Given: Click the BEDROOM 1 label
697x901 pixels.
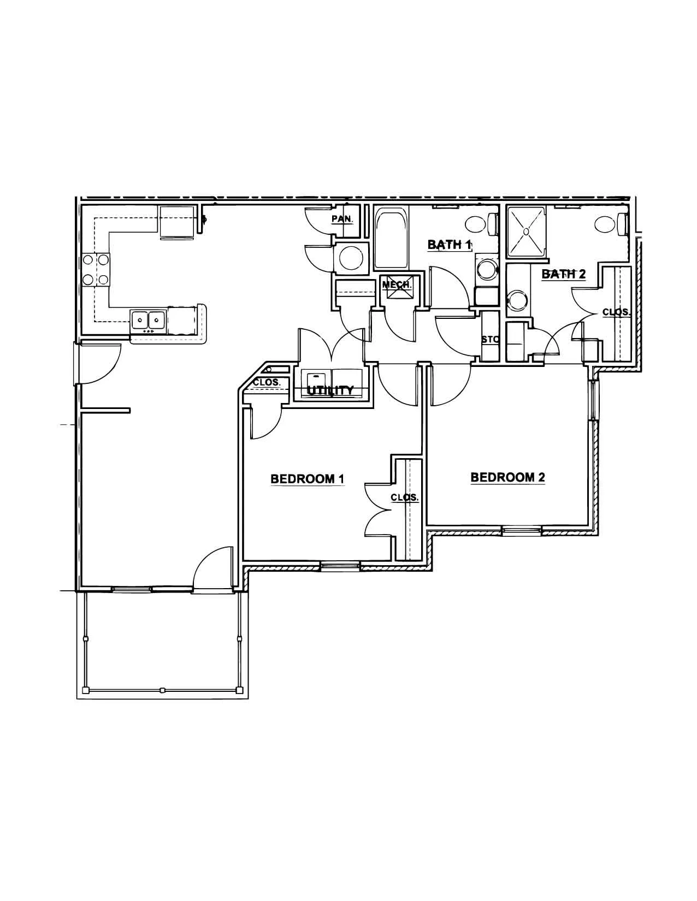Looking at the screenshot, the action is click(x=307, y=479).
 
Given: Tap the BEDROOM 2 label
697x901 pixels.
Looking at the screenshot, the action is click(x=507, y=477).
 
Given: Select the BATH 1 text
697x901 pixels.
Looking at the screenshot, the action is click(x=450, y=245).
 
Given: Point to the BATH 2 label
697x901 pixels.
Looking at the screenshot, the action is click(x=564, y=274).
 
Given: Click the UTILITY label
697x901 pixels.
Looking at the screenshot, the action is click(x=330, y=390).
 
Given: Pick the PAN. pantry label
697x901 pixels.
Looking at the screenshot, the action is click(x=342, y=218).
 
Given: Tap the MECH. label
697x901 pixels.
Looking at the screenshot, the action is click(x=397, y=284).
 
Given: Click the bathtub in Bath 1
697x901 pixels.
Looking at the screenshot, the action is click(x=392, y=239).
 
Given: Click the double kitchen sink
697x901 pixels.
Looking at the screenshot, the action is click(x=148, y=319).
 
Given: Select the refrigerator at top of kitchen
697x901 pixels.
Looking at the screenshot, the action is click(x=176, y=223).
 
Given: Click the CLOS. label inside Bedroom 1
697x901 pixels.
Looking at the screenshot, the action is click(x=405, y=497).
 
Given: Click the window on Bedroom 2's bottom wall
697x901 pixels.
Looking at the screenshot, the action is click(x=522, y=530).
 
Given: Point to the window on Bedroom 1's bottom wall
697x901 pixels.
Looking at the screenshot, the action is click(x=340, y=564).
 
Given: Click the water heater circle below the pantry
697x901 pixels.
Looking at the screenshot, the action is click(x=350, y=258).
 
